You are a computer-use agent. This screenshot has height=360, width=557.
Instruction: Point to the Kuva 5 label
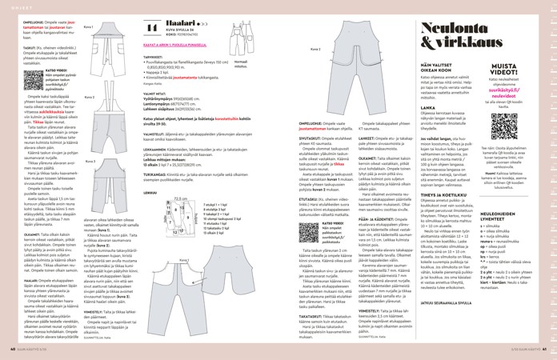317,48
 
